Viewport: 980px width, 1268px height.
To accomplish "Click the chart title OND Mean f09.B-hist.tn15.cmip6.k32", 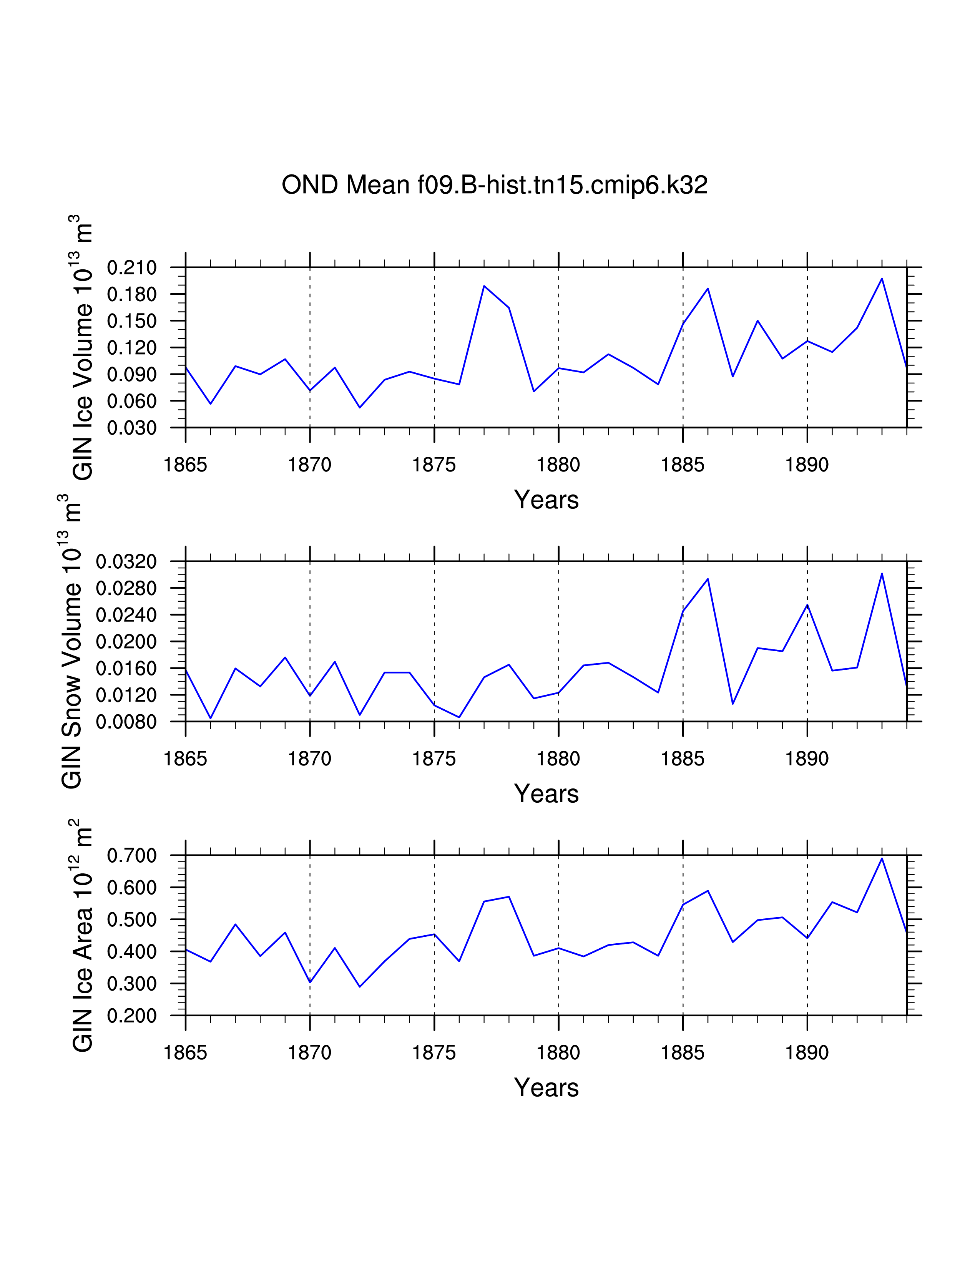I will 494,185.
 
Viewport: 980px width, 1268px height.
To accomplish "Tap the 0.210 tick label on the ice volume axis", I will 132,268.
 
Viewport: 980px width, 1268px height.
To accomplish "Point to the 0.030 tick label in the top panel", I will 132,428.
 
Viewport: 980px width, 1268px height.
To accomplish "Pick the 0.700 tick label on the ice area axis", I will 132,855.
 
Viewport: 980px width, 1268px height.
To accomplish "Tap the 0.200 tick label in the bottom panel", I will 132,1016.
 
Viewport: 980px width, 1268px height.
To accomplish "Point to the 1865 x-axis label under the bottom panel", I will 185,1052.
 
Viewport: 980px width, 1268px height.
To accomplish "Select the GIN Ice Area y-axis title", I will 83,935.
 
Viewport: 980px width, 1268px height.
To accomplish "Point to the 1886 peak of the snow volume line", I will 708,579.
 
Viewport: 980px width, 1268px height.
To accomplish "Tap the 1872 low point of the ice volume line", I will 360,408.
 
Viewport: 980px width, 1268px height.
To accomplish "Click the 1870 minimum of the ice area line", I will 310,983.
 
